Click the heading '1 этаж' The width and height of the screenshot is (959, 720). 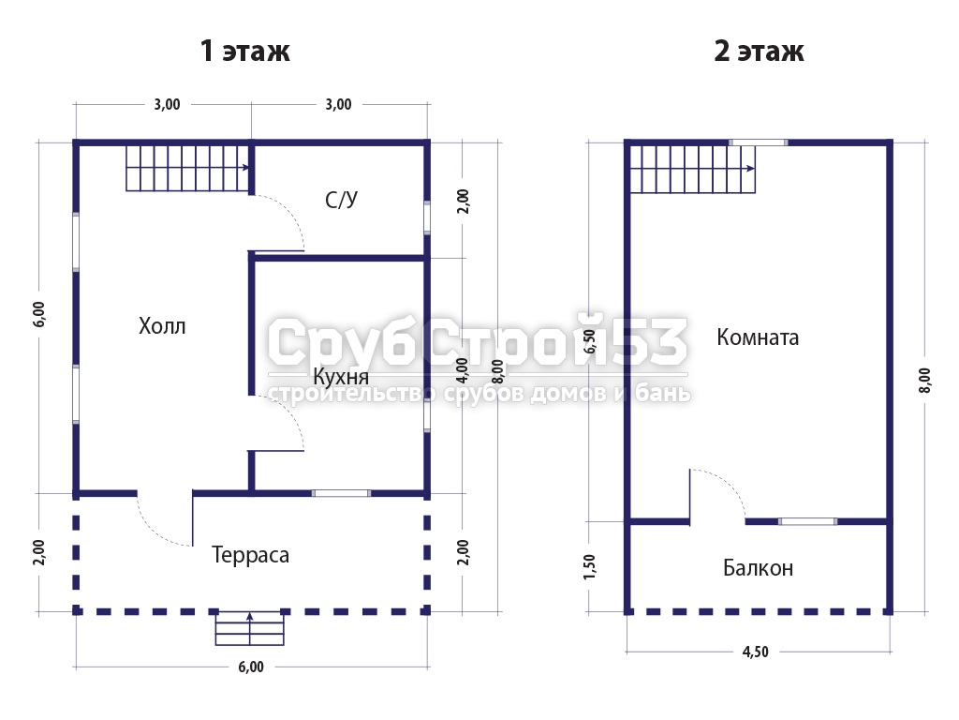[244, 51]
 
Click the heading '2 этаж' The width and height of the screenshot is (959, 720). [759, 51]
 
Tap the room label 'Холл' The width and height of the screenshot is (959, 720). [162, 325]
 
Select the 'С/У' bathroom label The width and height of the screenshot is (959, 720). [341, 200]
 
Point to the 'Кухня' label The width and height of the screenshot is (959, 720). [341, 377]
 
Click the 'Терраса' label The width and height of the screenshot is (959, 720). [250, 555]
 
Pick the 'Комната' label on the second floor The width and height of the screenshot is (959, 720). [757, 337]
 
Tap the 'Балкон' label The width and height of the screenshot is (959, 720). [758, 568]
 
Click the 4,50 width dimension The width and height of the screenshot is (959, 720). [756, 652]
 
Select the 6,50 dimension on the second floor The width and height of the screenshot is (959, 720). [590, 341]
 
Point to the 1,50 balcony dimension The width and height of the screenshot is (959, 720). [590, 567]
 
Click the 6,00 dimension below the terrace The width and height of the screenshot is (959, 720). [251, 667]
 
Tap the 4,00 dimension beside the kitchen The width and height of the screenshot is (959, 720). [463, 369]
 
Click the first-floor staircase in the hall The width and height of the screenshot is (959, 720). [187, 168]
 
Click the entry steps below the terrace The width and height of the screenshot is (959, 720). [249, 628]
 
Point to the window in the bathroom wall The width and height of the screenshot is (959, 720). [427, 217]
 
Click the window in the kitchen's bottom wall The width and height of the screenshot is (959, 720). [341, 493]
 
